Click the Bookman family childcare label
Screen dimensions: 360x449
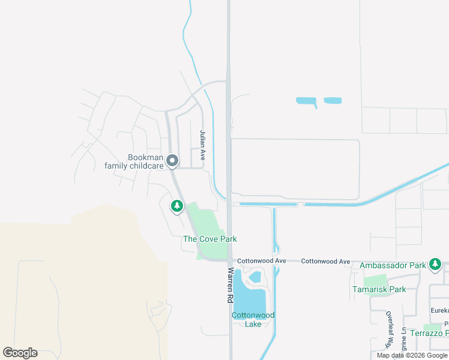point(137,161)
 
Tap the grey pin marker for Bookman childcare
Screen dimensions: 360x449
point(172,161)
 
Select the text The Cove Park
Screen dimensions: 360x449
point(209,239)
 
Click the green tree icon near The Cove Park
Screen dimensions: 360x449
point(176,207)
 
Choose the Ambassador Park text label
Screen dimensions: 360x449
point(393,265)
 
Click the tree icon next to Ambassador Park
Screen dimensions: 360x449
point(435,265)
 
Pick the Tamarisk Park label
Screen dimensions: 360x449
point(379,289)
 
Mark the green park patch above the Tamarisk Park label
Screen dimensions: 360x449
point(375,280)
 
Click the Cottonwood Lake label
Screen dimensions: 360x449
point(253,319)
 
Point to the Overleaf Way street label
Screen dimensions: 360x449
point(389,330)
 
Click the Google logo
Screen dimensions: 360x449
point(20,353)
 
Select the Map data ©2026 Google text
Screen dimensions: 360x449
point(412,355)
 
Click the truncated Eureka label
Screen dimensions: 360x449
point(439,310)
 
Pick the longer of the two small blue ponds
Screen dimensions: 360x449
point(306,101)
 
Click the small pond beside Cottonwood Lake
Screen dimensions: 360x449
point(255,277)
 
